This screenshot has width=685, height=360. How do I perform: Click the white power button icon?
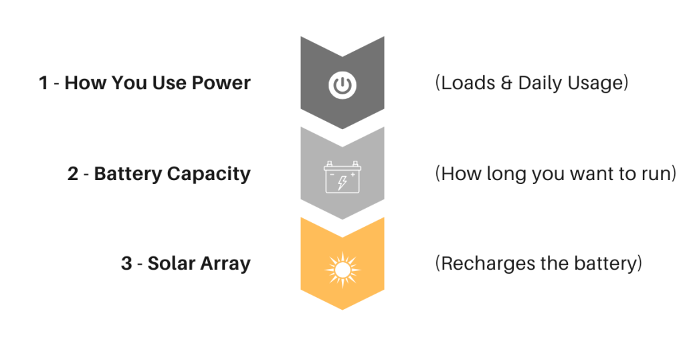tap(342, 85)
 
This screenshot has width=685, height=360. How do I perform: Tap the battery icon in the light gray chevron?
tap(342, 177)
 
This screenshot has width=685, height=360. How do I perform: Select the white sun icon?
tap(342, 270)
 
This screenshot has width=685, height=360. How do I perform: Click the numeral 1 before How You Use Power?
tap(43, 83)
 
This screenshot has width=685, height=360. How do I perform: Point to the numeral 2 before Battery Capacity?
tap(73, 173)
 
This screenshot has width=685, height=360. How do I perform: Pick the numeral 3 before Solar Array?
tap(126, 264)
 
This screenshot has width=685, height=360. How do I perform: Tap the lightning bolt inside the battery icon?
tap(342, 183)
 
